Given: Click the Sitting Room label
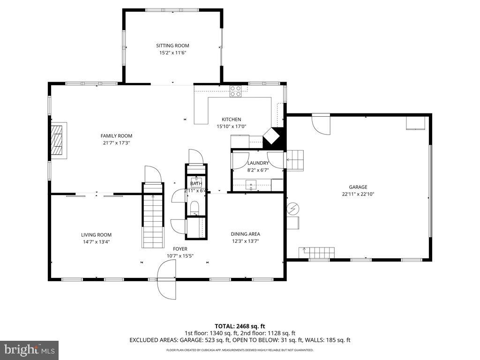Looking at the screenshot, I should [x=172, y=45].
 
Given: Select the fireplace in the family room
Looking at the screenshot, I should [x=58, y=140].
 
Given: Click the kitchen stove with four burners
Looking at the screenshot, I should [x=235, y=91].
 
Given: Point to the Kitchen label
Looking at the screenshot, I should [x=231, y=120].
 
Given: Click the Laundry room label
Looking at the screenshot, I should [x=258, y=163].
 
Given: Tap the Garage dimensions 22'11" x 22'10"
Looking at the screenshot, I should [x=358, y=194].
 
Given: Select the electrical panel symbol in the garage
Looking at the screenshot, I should [x=293, y=207].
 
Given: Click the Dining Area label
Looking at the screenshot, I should [x=245, y=234].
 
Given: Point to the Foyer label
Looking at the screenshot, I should [x=180, y=249].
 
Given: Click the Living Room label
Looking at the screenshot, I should [x=96, y=235].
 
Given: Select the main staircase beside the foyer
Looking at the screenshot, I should [x=153, y=220].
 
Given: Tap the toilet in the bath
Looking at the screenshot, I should [x=195, y=208].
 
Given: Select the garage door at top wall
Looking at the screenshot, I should [x=321, y=123].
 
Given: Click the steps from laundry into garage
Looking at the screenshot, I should [x=295, y=160].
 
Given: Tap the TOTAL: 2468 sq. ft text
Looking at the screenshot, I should [x=240, y=326].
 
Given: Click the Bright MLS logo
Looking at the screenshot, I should [x=29, y=350].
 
